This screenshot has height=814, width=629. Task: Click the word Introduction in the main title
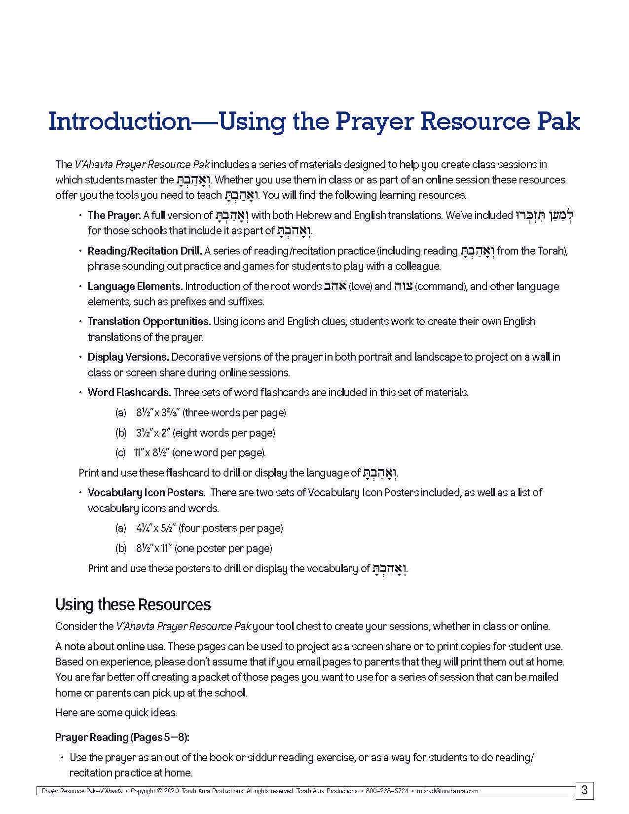click(119, 121)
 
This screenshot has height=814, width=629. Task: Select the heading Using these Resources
click(133, 604)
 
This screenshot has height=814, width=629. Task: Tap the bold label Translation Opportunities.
click(149, 322)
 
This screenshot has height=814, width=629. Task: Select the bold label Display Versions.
click(128, 357)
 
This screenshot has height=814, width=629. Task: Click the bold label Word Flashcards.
click(129, 393)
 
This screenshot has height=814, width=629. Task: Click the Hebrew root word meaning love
click(335, 286)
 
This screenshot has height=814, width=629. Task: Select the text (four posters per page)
click(230, 528)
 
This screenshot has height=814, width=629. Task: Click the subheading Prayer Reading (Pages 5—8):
click(122, 737)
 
